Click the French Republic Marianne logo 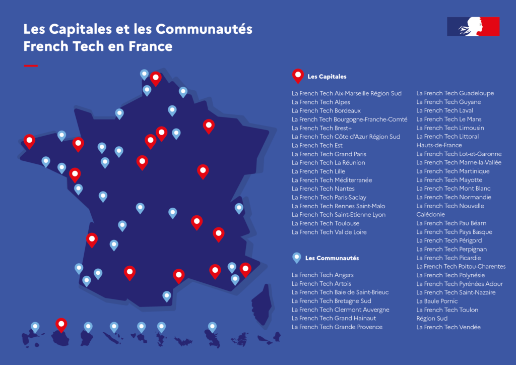473,26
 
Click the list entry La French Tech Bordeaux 326,110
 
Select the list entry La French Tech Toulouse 326,223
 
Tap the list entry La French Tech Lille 318,171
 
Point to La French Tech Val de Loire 329,232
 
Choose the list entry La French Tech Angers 322,275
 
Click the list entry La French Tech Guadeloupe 455,93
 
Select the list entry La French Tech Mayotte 449,180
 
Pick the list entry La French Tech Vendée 448,327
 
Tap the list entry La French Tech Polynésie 450,275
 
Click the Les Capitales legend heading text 327,77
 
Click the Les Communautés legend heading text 332,258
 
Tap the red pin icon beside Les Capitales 298,76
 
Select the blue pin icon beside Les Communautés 297,257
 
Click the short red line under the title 31,66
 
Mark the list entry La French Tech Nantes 323,189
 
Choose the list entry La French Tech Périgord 449,240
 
